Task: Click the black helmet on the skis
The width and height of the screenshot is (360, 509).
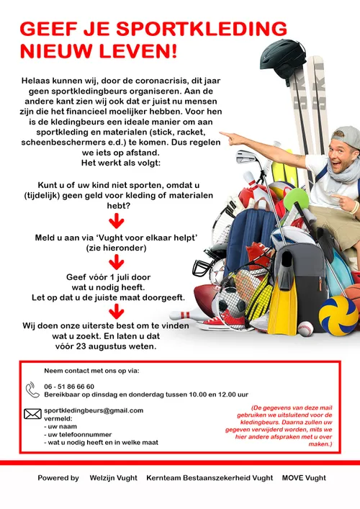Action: (x=283, y=55)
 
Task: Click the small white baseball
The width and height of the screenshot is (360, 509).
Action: (x=305, y=329)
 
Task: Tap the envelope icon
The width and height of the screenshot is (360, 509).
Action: (x=32, y=413)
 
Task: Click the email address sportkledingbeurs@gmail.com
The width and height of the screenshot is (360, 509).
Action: (x=94, y=410)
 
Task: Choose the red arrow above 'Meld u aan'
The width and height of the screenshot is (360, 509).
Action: (x=116, y=220)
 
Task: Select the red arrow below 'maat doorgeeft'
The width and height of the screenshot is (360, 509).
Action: (x=116, y=310)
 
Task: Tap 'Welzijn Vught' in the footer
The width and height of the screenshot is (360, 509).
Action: (x=114, y=477)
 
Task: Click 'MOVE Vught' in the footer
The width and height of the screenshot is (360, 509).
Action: (x=304, y=477)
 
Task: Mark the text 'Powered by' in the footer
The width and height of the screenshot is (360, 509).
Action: (x=58, y=477)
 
